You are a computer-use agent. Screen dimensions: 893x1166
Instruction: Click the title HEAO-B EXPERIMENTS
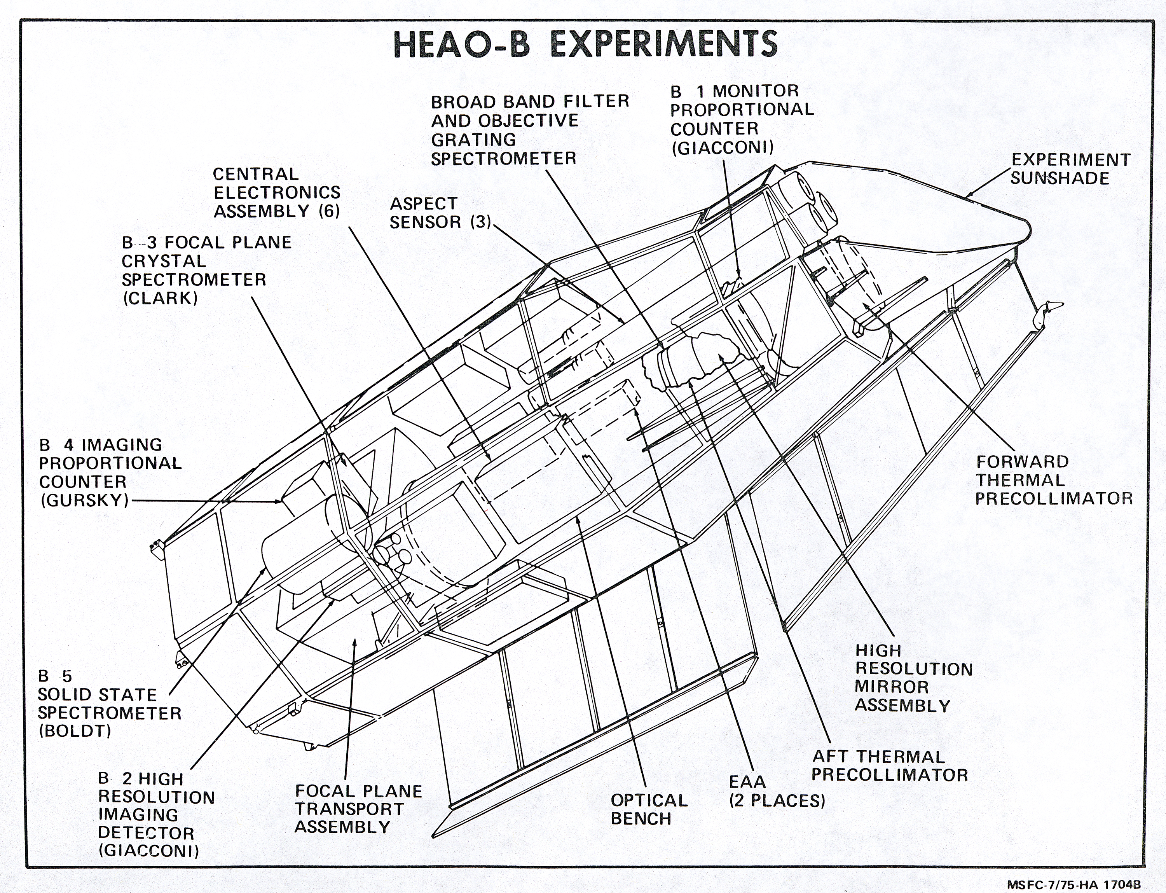(585, 44)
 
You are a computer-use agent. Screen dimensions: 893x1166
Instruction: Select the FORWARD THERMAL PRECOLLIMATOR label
(1053, 480)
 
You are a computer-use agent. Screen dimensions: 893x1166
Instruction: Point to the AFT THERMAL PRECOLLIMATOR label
(889, 765)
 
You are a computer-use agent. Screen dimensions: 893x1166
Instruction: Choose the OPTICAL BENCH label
(648, 809)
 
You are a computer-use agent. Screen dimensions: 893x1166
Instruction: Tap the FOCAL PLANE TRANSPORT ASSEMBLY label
(358, 809)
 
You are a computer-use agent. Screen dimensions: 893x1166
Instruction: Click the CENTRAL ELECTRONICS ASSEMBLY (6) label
(276, 192)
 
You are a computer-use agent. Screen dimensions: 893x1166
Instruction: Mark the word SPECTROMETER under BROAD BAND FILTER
(503, 158)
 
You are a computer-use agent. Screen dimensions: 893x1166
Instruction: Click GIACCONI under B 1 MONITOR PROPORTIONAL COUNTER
(722, 147)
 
